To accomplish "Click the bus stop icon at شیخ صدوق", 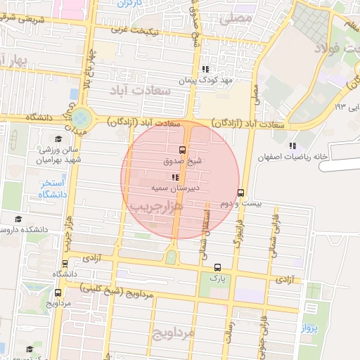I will (183, 150).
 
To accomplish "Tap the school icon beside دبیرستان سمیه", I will (175, 177).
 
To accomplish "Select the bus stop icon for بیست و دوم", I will (241, 192).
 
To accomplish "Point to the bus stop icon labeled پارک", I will (217, 267).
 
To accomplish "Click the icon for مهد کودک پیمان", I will (206, 69).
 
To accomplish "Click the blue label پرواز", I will (311, 328).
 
